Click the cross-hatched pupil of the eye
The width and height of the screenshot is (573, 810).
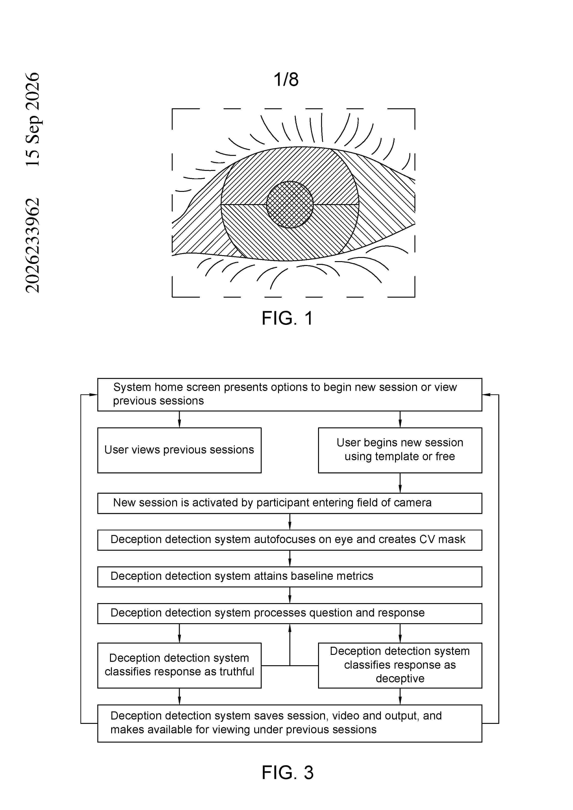290,205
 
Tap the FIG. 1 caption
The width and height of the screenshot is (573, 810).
287,318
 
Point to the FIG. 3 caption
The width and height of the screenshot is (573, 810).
287,772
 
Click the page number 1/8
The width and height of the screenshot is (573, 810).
286,79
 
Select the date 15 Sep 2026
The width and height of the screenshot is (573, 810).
33,119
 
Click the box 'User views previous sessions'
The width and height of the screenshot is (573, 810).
179,450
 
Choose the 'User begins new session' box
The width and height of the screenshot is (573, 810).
400,450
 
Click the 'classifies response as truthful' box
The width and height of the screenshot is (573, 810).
179,665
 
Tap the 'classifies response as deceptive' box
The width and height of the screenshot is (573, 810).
400,665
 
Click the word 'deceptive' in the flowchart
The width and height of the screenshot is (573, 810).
400,678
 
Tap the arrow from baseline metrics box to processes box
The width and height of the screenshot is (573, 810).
290,595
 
